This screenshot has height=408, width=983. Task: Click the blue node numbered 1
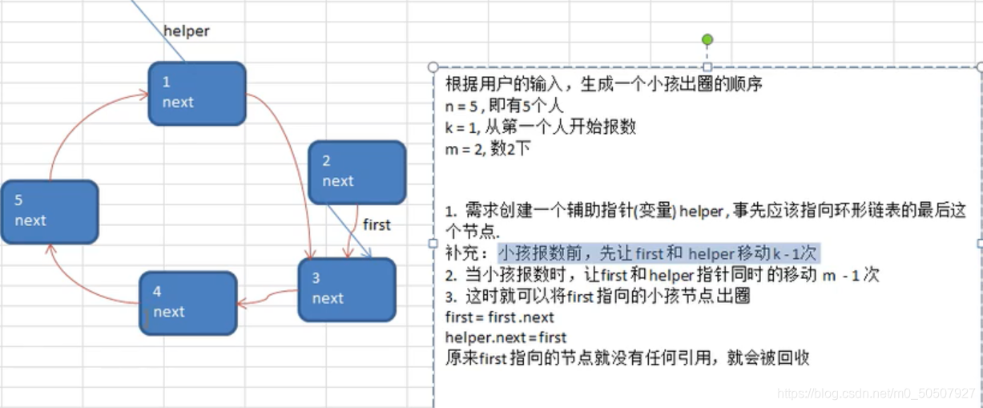click(x=196, y=93)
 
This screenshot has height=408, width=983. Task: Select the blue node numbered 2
click(x=357, y=172)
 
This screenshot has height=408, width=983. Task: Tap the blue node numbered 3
click(x=347, y=289)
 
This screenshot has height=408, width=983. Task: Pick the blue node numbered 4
click(x=187, y=302)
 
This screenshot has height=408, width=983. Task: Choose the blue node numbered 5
click(x=49, y=212)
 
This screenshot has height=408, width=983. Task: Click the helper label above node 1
click(x=186, y=31)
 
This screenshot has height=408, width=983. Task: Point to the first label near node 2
click(x=377, y=224)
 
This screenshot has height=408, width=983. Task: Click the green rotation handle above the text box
click(x=707, y=39)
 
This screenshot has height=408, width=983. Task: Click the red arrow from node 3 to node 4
click(x=268, y=298)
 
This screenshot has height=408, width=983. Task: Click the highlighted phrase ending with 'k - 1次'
click(x=657, y=253)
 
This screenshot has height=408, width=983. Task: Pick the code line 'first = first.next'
click(x=499, y=317)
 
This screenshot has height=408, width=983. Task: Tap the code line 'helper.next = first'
click(x=506, y=337)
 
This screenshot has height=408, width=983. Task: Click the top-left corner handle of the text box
click(x=433, y=67)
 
